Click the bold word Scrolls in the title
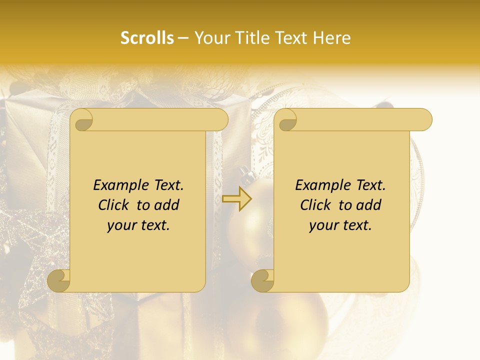tap(147, 38)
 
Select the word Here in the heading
tap(332, 38)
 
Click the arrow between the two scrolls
tap(237, 198)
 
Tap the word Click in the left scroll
tap(109, 205)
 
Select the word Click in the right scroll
tap(311, 205)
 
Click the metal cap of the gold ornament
tap(245, 173)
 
